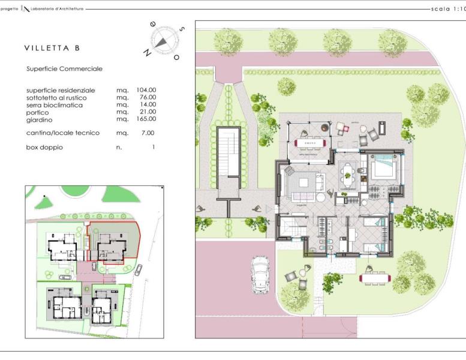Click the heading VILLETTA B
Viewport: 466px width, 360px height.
tap(52, 48)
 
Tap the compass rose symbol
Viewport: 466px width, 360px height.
tap(161, 41)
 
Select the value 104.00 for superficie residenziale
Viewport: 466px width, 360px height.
tap(146, 90)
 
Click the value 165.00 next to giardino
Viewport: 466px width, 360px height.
tap(146, 119)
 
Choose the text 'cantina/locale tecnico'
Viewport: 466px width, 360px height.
tap(63, 133)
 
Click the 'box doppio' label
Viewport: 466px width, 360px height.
tap(44, 147)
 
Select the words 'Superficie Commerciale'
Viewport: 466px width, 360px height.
tap(64, 69)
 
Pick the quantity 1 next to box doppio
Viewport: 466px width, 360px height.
tap(154, 147)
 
